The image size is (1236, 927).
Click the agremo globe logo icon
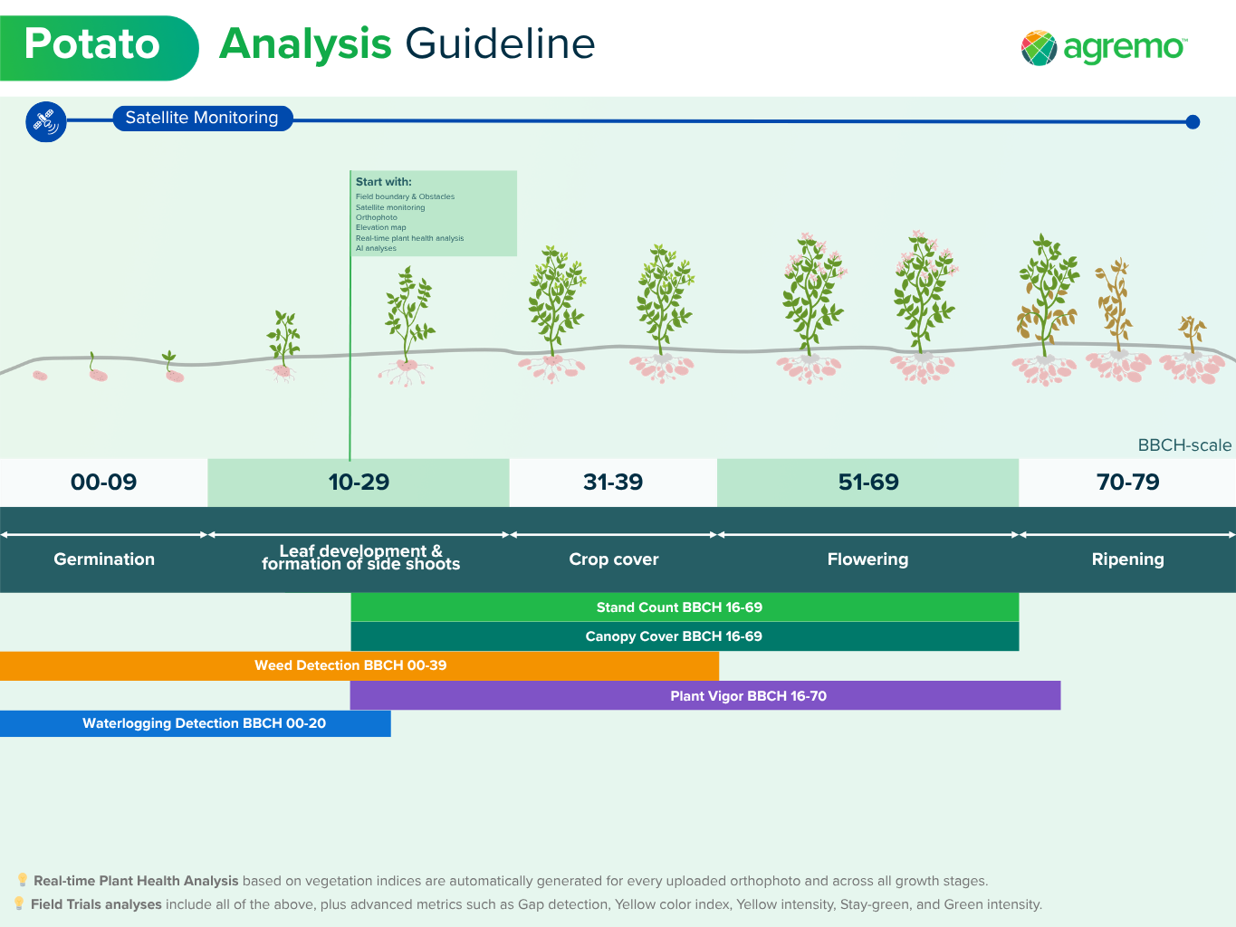pos(1039,48)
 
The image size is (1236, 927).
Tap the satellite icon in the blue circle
pos(45,121)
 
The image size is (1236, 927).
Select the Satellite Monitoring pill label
pos(202,119)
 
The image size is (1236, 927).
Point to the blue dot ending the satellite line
pos(1192,121)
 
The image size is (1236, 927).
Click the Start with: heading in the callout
pos(383,182)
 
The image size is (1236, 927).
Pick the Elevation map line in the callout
pos(380,227)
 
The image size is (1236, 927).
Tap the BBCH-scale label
pos(1184,445)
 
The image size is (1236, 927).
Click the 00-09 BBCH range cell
pos(103,483)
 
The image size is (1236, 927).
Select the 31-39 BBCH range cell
pos(613,483)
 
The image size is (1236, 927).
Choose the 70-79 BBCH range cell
pos(1127,483)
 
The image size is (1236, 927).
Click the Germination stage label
pos(104,559)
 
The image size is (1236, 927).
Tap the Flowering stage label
pos(867,559)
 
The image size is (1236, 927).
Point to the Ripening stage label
pos(1128,559)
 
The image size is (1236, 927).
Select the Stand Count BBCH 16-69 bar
pos(685,607)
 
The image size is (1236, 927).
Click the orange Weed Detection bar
pos(359,666)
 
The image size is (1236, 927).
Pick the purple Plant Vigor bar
pos(705,695)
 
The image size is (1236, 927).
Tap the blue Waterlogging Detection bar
pos(196,723)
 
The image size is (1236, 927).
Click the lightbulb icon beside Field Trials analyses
pos(19,903)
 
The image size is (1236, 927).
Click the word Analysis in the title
pos(305,45)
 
